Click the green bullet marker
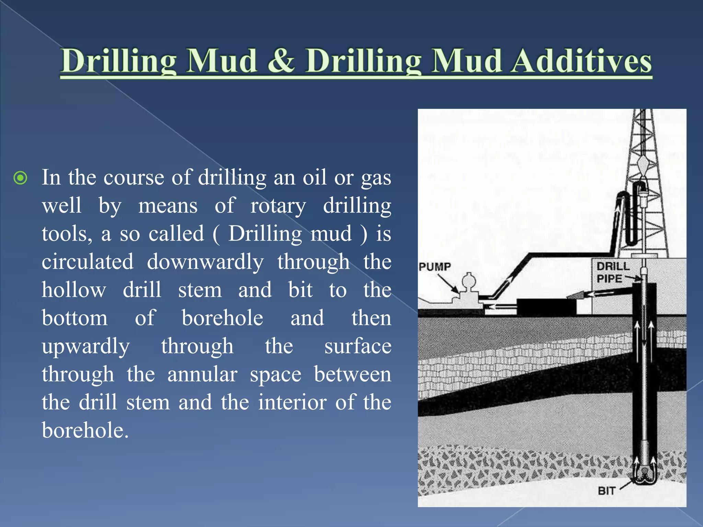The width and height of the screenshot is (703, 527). tap(20, 178)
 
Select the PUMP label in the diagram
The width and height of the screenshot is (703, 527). tap(435, 267)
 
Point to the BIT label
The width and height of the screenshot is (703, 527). tap(606, 491)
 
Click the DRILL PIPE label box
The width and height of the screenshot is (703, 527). tap(613, 272)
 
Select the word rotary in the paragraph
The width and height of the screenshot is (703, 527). tap(278, 206)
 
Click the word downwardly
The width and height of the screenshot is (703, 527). tap(205, 262)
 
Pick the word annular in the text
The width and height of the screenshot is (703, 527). tap(202, 374)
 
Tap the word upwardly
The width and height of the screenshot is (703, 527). tap(86, 347)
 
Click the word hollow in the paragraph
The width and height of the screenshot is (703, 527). tap(74, 290)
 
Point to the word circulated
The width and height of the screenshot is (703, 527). tap(88, 262)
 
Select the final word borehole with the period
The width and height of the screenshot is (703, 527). tap(85, 431)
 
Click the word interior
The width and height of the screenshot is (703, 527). tap(292, 402)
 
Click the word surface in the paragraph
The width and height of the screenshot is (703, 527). tap(358, 346)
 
